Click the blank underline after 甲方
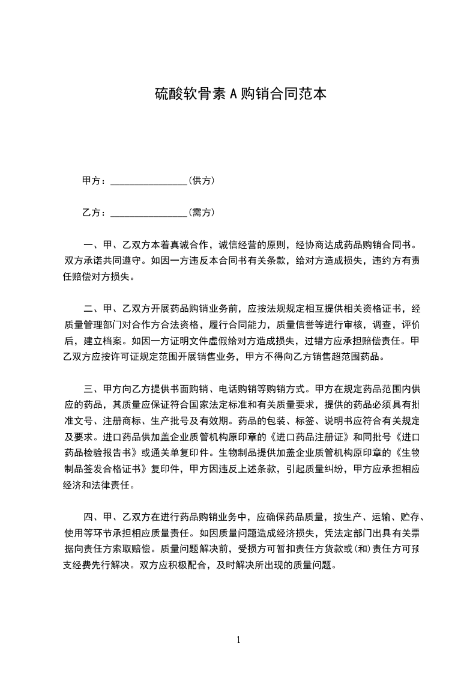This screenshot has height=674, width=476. (149, 181)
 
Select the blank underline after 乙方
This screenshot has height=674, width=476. (149, 213)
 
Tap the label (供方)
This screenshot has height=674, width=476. (202, 180)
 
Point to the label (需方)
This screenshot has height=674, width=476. (202, 212)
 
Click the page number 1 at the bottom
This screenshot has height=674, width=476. (238, 640)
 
